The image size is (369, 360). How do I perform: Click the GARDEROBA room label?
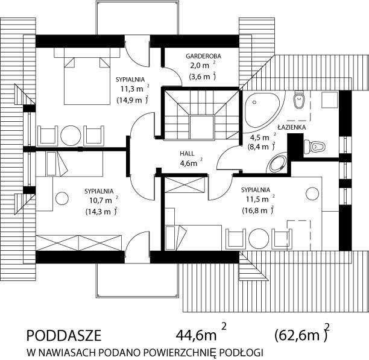[203, 56]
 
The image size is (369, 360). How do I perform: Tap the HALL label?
[188, 154]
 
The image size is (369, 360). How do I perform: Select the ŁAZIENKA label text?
[292, 127]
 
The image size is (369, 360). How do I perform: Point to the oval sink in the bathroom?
[278, 164]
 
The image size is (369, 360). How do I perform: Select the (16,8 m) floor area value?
[257, 210]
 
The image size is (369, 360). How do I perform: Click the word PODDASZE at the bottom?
[64, 336]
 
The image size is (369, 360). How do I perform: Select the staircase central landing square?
[201, 128]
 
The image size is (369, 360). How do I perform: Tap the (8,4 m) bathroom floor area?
[261, 147]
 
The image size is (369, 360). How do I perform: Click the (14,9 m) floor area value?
[132, 99]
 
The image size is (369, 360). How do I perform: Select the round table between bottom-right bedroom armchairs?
[259, 239]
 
